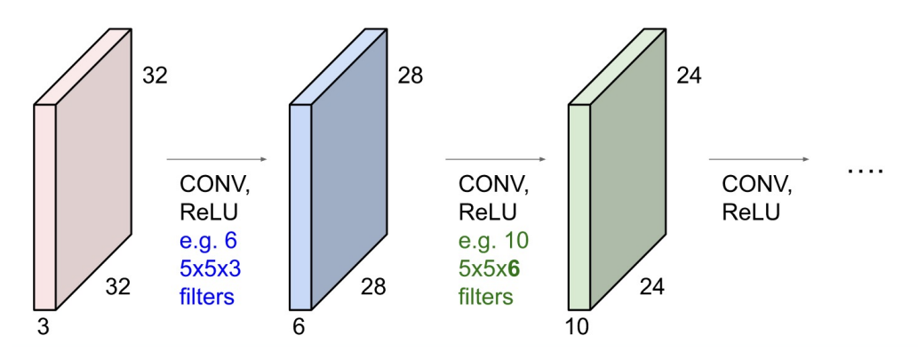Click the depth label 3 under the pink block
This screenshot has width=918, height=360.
(x=42, y=326)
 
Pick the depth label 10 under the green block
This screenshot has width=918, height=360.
(x=578, y=326)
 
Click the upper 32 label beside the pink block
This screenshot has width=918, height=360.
(x=155, y=76)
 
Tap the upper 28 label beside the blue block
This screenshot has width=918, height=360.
(x=410, y=76)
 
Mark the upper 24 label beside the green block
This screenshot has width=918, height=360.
(x=689, y=76)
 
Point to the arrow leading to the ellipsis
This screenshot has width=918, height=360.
(x=758, y=160)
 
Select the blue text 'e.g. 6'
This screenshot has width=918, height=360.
(x=207, y=241)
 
